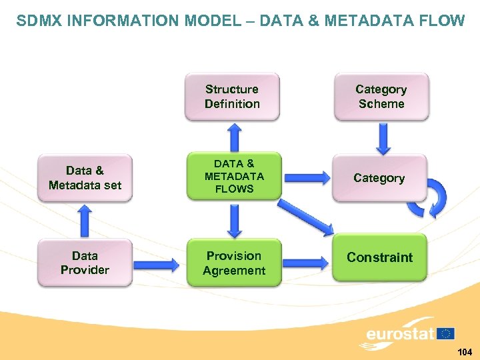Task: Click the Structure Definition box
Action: pos(232,97)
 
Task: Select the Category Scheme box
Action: pos(381,97)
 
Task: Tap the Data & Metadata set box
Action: pos(85,178)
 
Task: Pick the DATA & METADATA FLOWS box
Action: pos(234,176)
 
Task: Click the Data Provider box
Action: pos(85,263)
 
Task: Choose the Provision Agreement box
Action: pos(234,263)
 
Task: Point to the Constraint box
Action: pos(379,257)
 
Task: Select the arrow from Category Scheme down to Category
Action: pos(383,139)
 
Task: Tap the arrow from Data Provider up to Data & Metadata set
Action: pos(85,221)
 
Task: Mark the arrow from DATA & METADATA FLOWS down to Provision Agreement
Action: pos(234,219)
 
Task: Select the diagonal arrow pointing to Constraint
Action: pos(306,217)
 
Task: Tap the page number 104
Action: pos(464,351)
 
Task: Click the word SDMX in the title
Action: pos(39,21)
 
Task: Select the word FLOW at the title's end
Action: pos(443,21)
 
